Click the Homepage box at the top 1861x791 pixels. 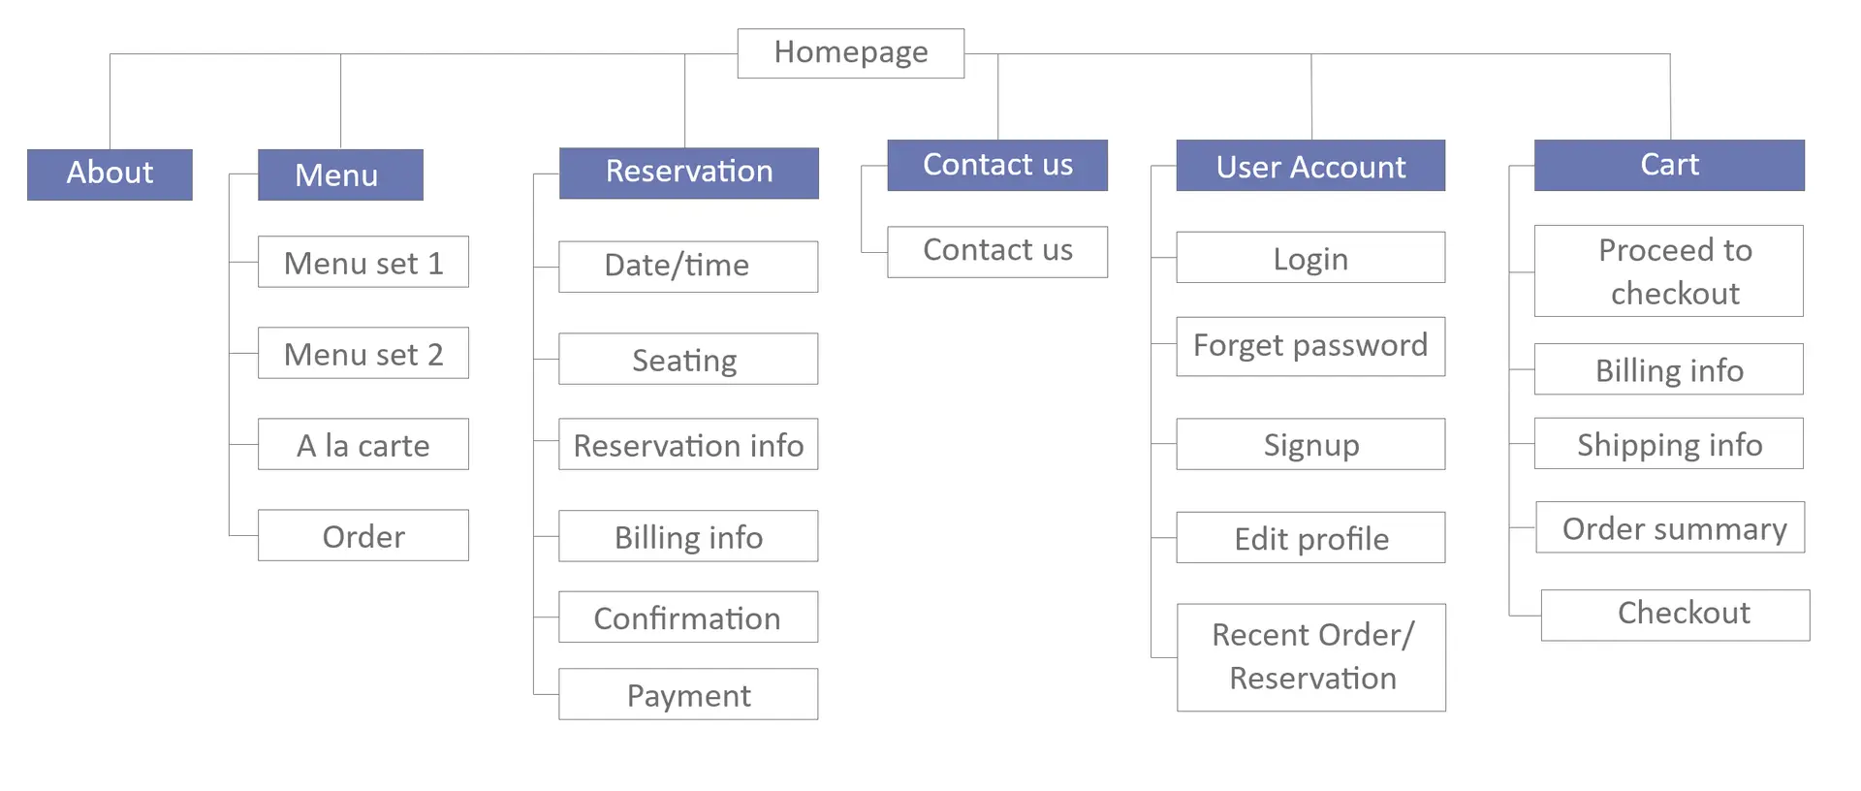click(x=850, y=52)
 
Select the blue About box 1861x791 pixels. click(x=110, y=174)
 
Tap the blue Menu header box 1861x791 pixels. click(x=339, y=174)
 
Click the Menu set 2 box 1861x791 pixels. click(x=363, y=354)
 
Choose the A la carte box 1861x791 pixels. click(x=363, y=445)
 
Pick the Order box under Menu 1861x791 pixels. click(x=363, y=536)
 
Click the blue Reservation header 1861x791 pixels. click(x=688, y=173)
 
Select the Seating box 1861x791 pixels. click(x=688, y=360)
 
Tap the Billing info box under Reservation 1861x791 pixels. click(x=688, y=537)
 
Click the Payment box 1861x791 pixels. click(x=688, y=695)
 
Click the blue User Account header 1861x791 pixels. click(x=1310, y=166)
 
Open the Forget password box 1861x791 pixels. click(x=1310, y=346)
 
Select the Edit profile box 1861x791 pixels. click(x=1310, y=538)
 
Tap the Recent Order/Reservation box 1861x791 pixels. click(x=1311, y=657)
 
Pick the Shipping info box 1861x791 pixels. click(x=1669, y=444)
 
